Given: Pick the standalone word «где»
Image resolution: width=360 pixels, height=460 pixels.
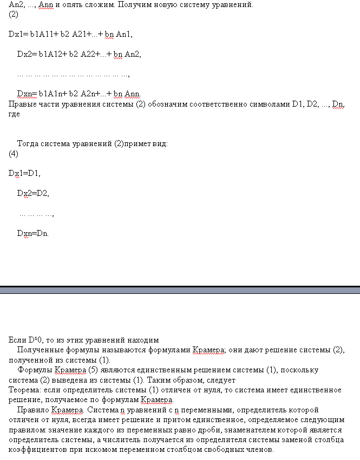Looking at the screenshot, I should pyautogui.click(x=15, y=114).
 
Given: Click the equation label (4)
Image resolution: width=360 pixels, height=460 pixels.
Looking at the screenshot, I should pyautogui.click(x=14, y=154).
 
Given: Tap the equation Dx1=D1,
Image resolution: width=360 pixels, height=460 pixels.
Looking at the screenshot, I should pyautogui.click(x=24, y=173).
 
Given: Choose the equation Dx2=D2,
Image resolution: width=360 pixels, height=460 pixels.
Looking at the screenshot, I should pyautogui.click(x=33, y=193).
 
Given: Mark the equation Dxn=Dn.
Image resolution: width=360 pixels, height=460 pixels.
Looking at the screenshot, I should pyautogui.click(x=33, y=233).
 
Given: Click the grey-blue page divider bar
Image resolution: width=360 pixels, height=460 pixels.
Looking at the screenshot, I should pyautogui.click(x=180, y=290).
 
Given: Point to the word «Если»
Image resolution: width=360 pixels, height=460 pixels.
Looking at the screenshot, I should pyautogui.click(x=17, y=340).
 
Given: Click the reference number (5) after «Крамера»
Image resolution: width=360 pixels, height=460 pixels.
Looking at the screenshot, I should pyautogui.click(x=94, y=370).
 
